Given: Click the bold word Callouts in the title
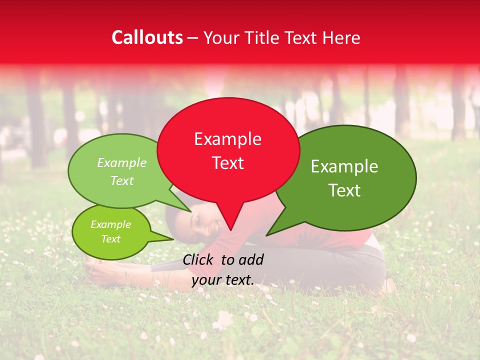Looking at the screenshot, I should click(x=147, y=38).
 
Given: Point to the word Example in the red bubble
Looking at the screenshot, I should click(x=227, y=139).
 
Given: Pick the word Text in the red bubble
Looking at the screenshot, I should click(x=227, y=163).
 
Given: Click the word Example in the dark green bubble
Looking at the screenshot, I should click(x=344, y=166).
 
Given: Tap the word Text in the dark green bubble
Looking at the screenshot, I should click(x=344, y=190).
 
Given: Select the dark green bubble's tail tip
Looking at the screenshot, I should click(x=266, y=235).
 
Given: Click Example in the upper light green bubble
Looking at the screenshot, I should click(x=122, y=162).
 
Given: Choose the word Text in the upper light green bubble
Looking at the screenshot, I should click(x=122, y=180).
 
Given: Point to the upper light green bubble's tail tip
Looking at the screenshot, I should click(x=190, y=211).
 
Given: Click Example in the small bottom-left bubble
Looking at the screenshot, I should click(x=110, y=224).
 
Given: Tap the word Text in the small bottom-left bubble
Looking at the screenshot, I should click(x=110, y=239).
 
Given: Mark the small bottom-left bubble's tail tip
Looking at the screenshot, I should click(x=173, y=239).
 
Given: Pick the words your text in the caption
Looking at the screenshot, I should click(x=223, y=280).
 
